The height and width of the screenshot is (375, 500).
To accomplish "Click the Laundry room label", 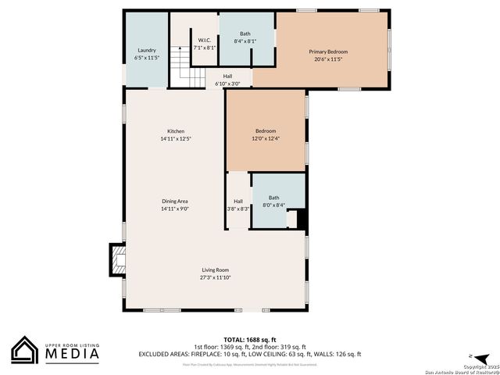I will click(x=146, y=50).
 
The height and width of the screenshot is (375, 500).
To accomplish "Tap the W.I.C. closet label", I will click(x=205, y=41).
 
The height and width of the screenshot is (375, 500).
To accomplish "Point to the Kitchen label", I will click(x=176, y=131).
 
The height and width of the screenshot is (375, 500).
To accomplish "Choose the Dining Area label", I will click(x=175, y=202).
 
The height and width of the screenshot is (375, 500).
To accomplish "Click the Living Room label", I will click(x=215, y=270).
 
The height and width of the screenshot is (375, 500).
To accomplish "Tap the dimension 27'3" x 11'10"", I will click(x=215, y=277).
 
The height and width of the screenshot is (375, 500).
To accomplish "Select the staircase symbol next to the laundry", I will click(x=182, y=67).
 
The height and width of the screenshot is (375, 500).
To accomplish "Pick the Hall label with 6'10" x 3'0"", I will click(x=227, y=76).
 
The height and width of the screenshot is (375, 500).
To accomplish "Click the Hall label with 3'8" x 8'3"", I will click(x=237, y=202).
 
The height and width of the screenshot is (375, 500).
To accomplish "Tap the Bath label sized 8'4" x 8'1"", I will click(x=245, y=34).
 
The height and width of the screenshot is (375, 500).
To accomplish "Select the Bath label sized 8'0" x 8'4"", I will click(x=274, y=198).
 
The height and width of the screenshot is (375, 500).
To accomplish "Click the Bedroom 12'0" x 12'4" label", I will click(x=266, y=131).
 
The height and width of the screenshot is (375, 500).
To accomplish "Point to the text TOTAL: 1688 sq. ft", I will click(x=250, y=340).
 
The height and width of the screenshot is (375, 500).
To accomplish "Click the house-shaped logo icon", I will click(x=25, y=350).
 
